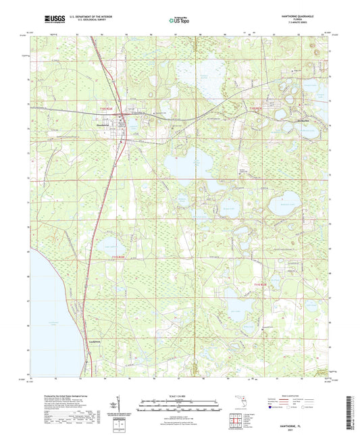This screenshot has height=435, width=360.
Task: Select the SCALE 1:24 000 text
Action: click(179, 395)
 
